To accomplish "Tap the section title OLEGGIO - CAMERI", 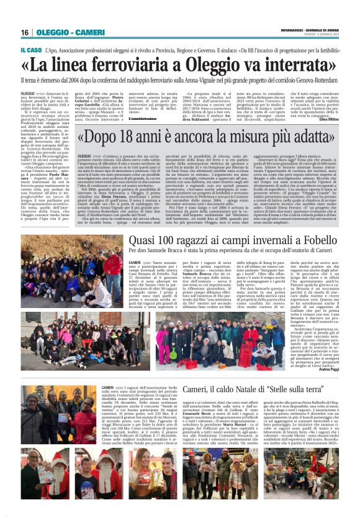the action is point(60,32).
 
